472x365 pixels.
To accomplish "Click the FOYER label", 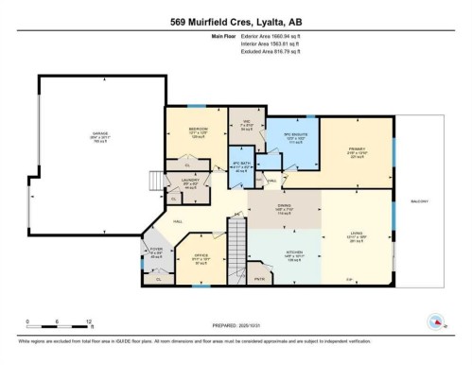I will [157, 252].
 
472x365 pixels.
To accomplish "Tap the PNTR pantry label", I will [285, 281].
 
